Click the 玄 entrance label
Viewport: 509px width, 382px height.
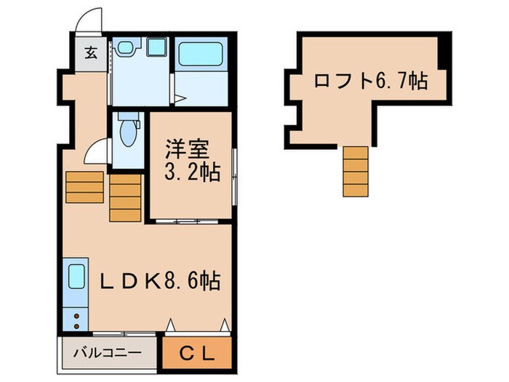pos(91,52)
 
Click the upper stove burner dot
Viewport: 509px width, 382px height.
pos(74,314)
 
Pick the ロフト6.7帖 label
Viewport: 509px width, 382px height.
pos(369,81)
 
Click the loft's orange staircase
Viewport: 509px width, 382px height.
pos(356,171)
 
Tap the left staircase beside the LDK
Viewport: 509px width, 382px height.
pos(84,186)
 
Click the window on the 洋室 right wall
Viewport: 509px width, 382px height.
pos(234,175)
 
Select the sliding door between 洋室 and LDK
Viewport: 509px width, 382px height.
pos(191,220)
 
